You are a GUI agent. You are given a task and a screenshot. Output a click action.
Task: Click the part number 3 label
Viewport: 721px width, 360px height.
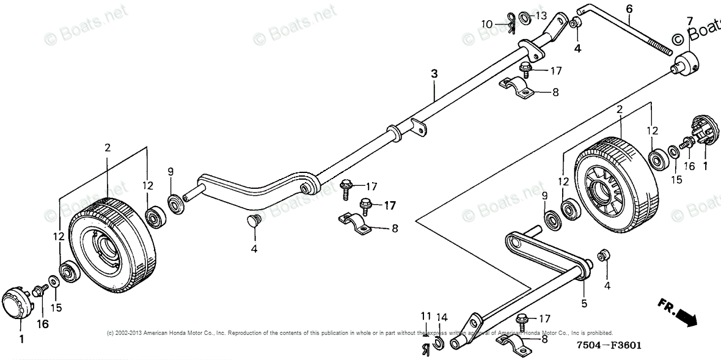(434, 73)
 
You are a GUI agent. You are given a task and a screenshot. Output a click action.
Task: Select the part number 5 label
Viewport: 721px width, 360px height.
(584, 303)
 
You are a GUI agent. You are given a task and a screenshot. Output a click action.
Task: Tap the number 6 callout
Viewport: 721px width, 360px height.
(629, 9)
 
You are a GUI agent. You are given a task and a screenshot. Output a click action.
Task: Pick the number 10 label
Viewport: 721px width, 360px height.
(486, 24)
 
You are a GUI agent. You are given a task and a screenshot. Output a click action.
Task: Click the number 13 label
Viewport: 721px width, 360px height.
(541, 15)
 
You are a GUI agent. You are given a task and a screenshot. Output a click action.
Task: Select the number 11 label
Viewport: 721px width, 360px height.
(425, 315)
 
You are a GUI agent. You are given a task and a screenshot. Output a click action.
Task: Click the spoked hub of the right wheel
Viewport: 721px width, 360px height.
(598, 187)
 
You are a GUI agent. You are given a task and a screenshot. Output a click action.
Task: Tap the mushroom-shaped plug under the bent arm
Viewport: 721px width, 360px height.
(254, 221)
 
